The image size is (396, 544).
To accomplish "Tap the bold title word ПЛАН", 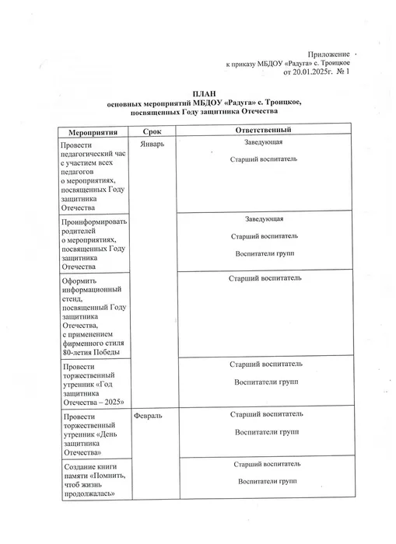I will tap(198, 93).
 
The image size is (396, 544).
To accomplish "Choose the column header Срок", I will tap(153, 134).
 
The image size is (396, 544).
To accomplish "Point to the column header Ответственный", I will tap(261, 133).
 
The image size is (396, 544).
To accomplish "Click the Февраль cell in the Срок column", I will tap(149, 417).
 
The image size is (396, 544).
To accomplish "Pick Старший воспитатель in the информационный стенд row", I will tap(266, 278).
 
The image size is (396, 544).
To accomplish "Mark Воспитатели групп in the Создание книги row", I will tap(266, 481).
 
